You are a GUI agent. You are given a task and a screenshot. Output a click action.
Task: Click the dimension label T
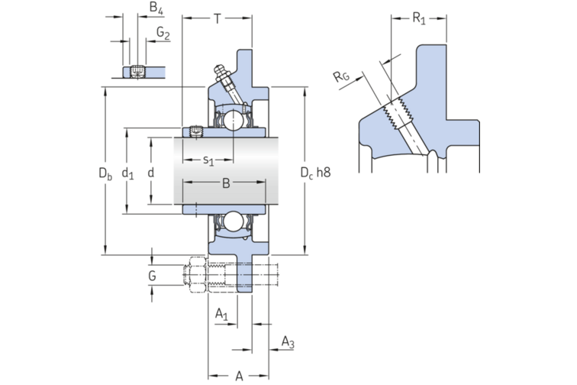(x=218, y=18)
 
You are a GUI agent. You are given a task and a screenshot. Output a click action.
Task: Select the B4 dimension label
(x=156, y=9)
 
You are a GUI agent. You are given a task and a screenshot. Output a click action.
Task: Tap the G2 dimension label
(x=163, y=33)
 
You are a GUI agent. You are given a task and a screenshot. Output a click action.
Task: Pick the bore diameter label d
(x=150, y=173)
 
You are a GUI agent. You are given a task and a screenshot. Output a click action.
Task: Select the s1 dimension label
(x=208, y=160)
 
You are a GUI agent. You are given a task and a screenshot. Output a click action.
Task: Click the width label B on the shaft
(x=226, y=183)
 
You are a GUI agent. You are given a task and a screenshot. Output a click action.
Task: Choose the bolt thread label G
(x=153, y=275)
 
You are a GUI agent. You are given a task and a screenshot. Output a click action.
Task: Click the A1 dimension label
(x=221, y=314)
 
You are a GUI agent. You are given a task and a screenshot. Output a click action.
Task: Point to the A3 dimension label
(x=287, y=341)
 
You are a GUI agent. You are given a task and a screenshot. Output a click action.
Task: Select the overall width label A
(x=239, y=374)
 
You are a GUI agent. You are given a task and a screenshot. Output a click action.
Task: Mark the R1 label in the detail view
(x=419, y=18)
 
